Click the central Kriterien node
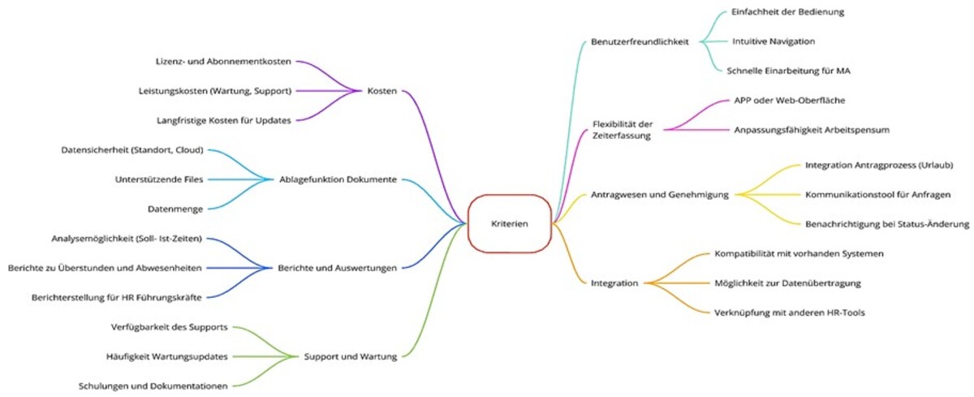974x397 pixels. (509, 223)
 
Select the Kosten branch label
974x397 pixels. (381, 91)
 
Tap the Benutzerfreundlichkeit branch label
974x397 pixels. (640, 41)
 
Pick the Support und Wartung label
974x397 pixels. (350, 356)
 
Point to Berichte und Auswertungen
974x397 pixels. (337, 267)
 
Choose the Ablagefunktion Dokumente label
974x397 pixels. (338, 179)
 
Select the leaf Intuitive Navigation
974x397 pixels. (774, 41)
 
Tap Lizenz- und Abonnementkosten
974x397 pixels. (223, 62)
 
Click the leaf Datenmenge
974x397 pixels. (175, 209)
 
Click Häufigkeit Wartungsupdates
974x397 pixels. (166, 356)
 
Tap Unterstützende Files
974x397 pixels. (159, 179)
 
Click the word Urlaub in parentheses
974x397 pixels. (935, 165)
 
